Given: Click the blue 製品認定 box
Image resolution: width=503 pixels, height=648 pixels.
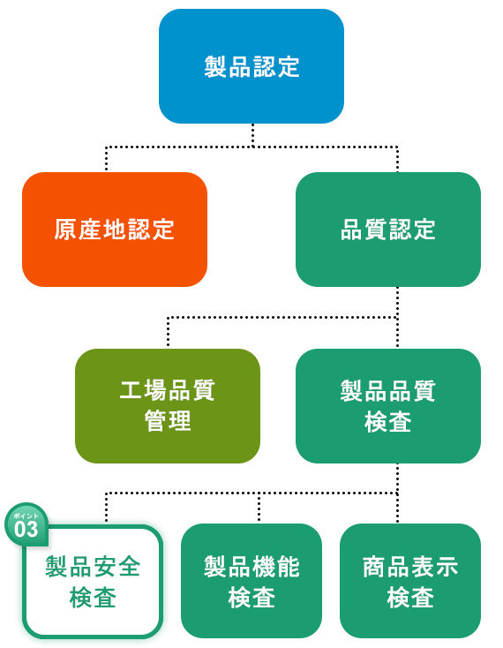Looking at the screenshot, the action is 251,66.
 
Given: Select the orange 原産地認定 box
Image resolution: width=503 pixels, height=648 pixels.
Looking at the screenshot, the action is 115,230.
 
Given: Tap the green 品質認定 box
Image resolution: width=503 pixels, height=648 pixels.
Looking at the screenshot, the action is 388,230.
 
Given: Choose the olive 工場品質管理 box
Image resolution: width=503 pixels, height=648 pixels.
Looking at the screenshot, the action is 168,406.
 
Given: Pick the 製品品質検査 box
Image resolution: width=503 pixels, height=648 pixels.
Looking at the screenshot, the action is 388,406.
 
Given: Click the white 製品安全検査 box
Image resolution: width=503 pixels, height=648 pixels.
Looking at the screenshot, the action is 93,582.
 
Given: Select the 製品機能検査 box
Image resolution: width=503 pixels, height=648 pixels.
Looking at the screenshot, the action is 251,581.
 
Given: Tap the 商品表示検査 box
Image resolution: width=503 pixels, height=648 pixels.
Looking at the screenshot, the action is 410,581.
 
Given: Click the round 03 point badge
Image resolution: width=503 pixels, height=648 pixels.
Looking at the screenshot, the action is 26,524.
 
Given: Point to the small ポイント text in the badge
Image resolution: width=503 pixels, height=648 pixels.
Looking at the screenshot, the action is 26,516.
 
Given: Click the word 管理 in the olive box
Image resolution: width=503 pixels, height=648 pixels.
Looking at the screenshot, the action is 168,421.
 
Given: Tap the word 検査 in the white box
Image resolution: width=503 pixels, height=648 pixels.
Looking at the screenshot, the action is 93,598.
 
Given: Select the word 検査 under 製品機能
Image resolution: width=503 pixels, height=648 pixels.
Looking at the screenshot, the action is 251,598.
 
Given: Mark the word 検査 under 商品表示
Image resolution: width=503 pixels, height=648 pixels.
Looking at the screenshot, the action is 410,598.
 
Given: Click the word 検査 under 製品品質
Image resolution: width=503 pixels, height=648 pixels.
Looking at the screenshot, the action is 388,421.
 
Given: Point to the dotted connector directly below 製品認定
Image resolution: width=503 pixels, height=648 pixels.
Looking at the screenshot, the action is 252,135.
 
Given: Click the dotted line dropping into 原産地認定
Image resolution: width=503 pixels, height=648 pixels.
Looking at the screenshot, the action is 106,158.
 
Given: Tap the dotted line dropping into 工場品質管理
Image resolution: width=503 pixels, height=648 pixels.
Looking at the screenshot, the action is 168,331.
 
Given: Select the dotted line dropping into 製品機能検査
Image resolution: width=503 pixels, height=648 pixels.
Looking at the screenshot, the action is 259,507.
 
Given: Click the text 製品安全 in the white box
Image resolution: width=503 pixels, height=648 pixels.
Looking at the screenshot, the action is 93,566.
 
